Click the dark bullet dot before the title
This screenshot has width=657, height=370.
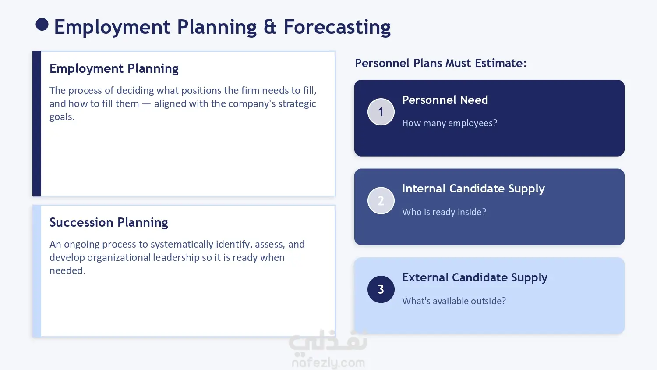pyautogui.click(x=42, y=25)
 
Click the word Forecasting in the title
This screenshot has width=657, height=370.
pyautogui.click(x=337, y=27)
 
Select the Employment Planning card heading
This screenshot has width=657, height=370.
pyautogui.click(x=114, y=69)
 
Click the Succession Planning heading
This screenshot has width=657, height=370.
pyautogui.click(x=109, y=222)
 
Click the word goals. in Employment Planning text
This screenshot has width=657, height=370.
pyautogui.click(x=62, y=117)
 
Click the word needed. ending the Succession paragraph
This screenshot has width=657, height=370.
pyautogui.click(x=67, y=270)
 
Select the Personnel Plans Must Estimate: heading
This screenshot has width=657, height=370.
pyautogui.click(x=441, y=63)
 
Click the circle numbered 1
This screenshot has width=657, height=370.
pyautogui.click(x=381, y=112)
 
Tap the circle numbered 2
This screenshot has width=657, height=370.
pyautogui.click(x=381, y=201)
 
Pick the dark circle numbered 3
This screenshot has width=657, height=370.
pyautogui.click(x=381, y=289)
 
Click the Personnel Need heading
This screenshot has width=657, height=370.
pyautogui.click(x=445, y=100)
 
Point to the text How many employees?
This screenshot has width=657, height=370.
pyautogui.click(x=450, y=123)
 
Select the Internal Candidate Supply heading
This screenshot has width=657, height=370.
pyautogui.click(x=473, y=189)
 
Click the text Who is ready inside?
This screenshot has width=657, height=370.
pyautogui.click(x=444, y=212)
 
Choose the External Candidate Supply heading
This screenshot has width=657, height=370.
pyautogui.click(x=474, y=278)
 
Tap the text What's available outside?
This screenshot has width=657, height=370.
pyautogui.click(x=454, y=301)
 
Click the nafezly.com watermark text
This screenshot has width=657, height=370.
pyautogui.click(x=328, y=363)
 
